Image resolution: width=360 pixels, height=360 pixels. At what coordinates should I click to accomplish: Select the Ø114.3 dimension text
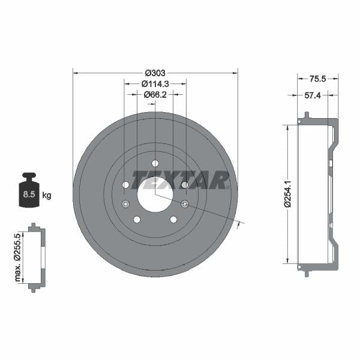click(x=155, y=83)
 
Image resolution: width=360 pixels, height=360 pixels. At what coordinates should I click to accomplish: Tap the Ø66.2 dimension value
click(x=155, y=94)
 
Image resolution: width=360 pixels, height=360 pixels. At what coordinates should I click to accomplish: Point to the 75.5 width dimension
click(x=317, y=78)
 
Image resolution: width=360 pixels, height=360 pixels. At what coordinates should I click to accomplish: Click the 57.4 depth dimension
click(x=312, y=95)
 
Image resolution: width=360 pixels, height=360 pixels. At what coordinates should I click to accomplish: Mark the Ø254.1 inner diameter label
click(x=288, y=193)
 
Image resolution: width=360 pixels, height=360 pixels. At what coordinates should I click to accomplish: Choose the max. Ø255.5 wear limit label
click(x=18, y=258)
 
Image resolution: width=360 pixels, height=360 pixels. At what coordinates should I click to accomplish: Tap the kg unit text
click(x=47, y=196)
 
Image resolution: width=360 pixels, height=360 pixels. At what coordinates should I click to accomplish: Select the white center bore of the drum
click(x=155, y=194)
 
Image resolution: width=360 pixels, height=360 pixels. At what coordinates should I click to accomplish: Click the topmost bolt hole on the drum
click(x=155, y=163)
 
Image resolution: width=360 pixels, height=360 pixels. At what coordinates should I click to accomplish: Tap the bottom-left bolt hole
click(x=137, y=220)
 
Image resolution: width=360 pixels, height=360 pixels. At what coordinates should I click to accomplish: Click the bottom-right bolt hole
click(x=173, y=220)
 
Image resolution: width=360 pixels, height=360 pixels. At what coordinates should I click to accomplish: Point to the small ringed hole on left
click(x=125, y=204)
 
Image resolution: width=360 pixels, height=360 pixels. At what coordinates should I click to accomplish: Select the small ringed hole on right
click(x=185, y=204)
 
